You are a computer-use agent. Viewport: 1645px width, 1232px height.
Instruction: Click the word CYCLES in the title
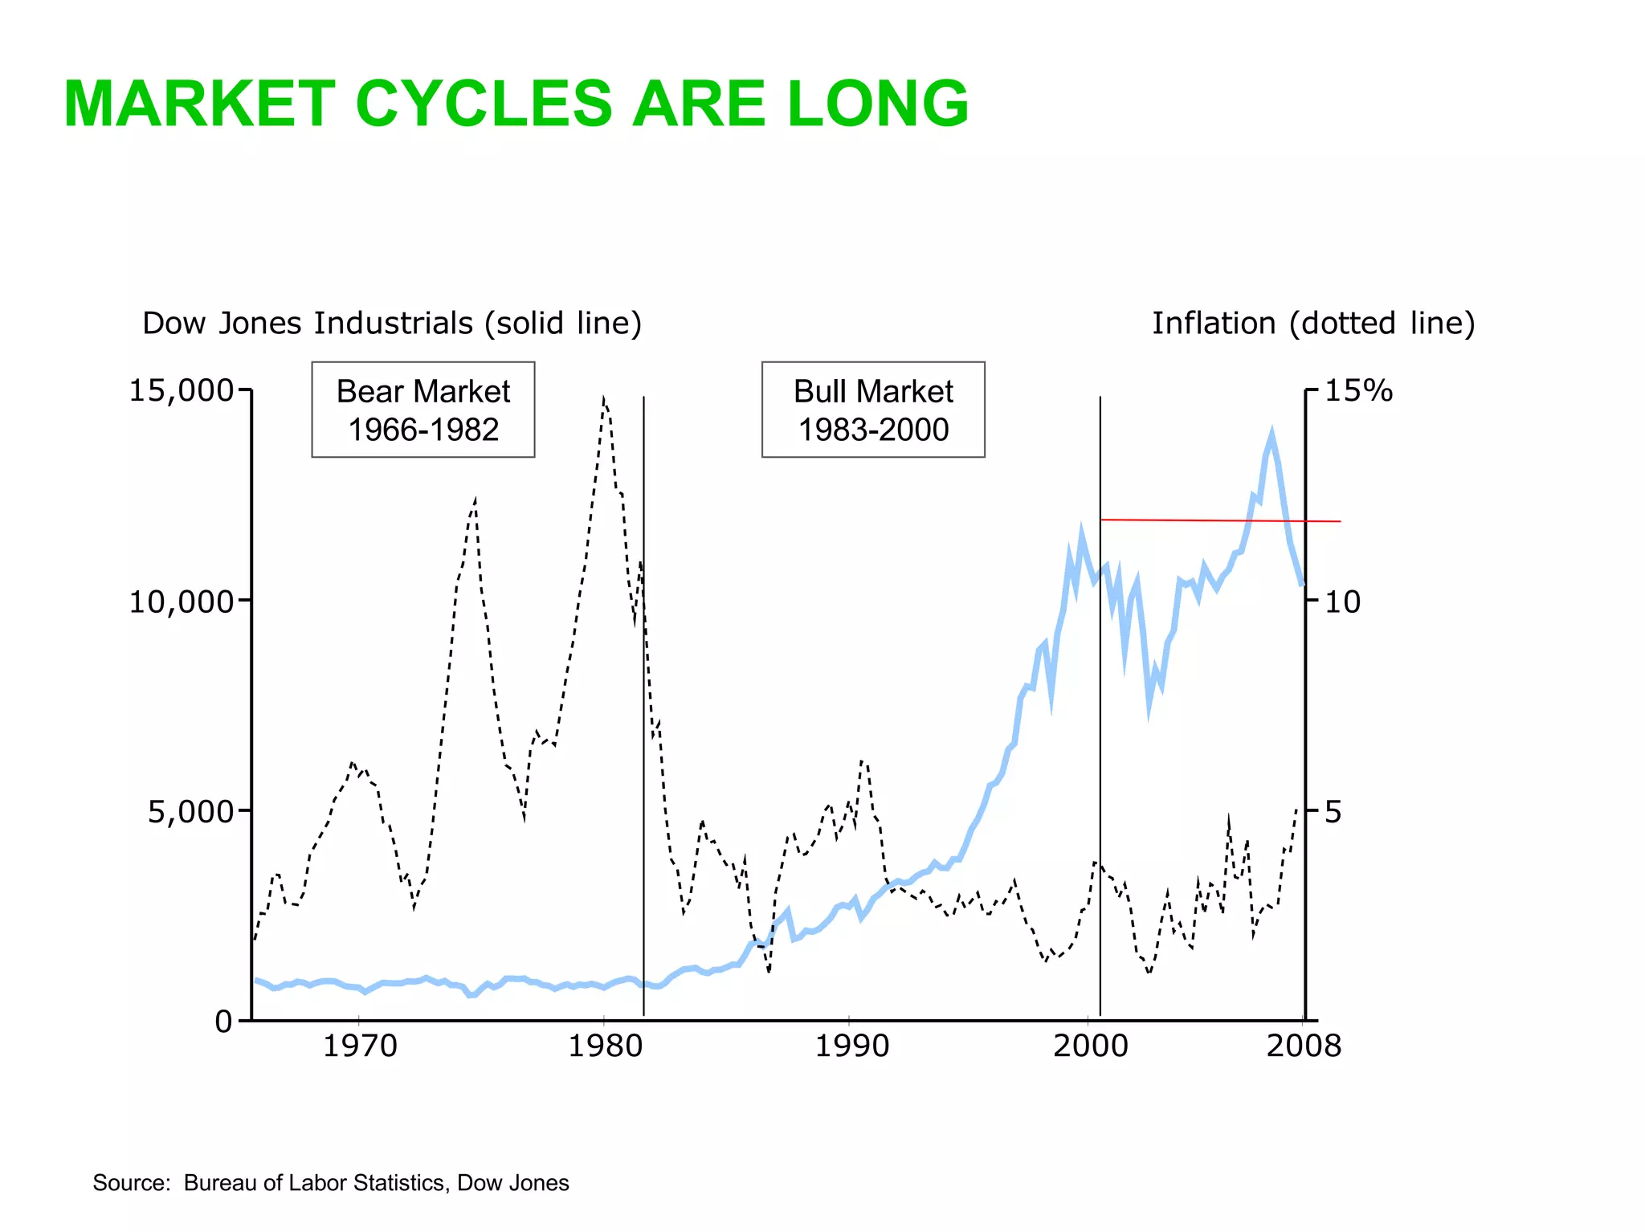[x=484, y=104]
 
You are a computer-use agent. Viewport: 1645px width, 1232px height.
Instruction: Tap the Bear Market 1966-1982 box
[x=423, y=410]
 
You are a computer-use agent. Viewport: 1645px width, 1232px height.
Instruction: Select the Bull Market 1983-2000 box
[x=873, y=410]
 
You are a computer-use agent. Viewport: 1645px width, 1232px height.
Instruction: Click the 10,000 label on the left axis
[x=181, y=601]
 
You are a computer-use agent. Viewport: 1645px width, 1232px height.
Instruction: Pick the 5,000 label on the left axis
[x=190, y=811]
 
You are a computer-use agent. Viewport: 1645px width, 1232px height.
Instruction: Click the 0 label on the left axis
[x=222, y=1022]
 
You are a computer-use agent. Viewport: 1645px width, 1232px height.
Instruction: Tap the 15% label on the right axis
[x=1358, y=390]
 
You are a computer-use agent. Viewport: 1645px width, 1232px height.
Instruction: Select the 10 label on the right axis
[x=1342, y=602]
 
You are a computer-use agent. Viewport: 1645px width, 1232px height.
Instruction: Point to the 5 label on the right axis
[x=1333, y=812]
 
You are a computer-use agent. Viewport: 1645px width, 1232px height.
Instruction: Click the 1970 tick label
[x=360, y=1046]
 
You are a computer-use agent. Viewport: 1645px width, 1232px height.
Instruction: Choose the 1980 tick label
[x=606, y=1046]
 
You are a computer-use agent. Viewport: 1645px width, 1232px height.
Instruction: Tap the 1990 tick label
[x=852, y=1046]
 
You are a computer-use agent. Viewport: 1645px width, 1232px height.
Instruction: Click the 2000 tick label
[x=1090, y=1046]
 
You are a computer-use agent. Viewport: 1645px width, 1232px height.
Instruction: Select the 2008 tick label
[x=1304, y=1046]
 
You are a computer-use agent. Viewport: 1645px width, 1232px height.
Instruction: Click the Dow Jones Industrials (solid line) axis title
[x=392, y=323]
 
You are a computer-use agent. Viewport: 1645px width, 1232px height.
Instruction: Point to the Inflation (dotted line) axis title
[x=1313, y=323]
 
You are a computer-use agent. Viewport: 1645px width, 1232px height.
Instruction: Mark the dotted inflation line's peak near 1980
[x=603, y=398]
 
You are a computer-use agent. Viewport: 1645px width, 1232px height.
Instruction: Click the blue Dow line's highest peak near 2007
[x=1272, y=434]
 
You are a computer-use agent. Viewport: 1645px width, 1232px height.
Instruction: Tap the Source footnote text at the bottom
[x=330, y=1183]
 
